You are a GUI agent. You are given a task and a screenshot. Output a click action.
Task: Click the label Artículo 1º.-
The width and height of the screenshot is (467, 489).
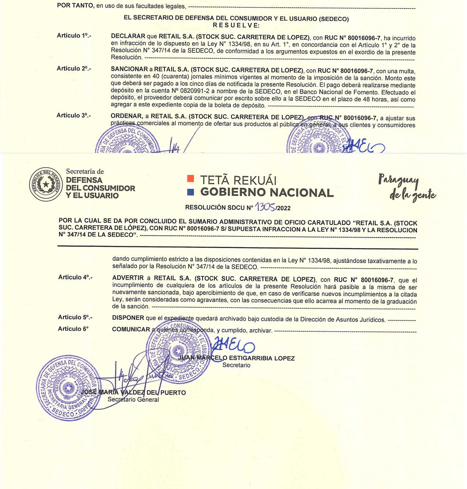(x=74, y=36)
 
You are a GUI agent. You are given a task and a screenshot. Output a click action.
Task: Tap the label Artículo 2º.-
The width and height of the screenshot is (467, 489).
(x=74, y=69)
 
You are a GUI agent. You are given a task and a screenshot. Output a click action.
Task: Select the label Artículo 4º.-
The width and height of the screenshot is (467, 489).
(x=75, y=277)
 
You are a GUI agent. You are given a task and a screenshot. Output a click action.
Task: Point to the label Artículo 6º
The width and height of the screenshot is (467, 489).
(x=73, y=329)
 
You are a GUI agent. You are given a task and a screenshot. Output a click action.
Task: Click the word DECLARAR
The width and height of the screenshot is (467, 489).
(x=128, y=36)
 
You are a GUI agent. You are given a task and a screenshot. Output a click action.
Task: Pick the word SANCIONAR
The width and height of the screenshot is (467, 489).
(x=129, y=69)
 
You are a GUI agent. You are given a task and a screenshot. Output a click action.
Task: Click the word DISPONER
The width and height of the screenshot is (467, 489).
(x=128, y=318)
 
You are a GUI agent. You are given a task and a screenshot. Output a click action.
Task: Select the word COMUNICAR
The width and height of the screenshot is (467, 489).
(x=131, y=330)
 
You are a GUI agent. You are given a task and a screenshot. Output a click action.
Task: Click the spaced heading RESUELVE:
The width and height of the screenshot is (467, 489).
(x=236, y=25)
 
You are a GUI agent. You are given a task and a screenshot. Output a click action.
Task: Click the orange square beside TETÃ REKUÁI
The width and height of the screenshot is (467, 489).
(x=190, y=179)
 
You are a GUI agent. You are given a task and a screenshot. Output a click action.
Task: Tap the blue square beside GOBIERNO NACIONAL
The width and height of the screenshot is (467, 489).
(x=190, y=192)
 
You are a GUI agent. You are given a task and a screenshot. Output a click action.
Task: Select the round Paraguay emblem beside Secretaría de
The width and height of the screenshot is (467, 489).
(x=46, y=184)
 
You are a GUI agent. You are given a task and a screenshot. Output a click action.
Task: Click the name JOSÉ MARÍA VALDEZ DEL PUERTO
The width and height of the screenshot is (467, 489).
(x=133, y=393)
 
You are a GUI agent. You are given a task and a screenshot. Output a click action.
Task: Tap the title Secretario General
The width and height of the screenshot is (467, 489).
(x=133, y=400)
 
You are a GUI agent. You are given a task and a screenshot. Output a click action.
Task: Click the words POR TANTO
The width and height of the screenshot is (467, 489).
(x=75, y=6)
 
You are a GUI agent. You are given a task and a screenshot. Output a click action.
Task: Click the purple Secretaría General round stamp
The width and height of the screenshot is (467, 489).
(x=68, y=387)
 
